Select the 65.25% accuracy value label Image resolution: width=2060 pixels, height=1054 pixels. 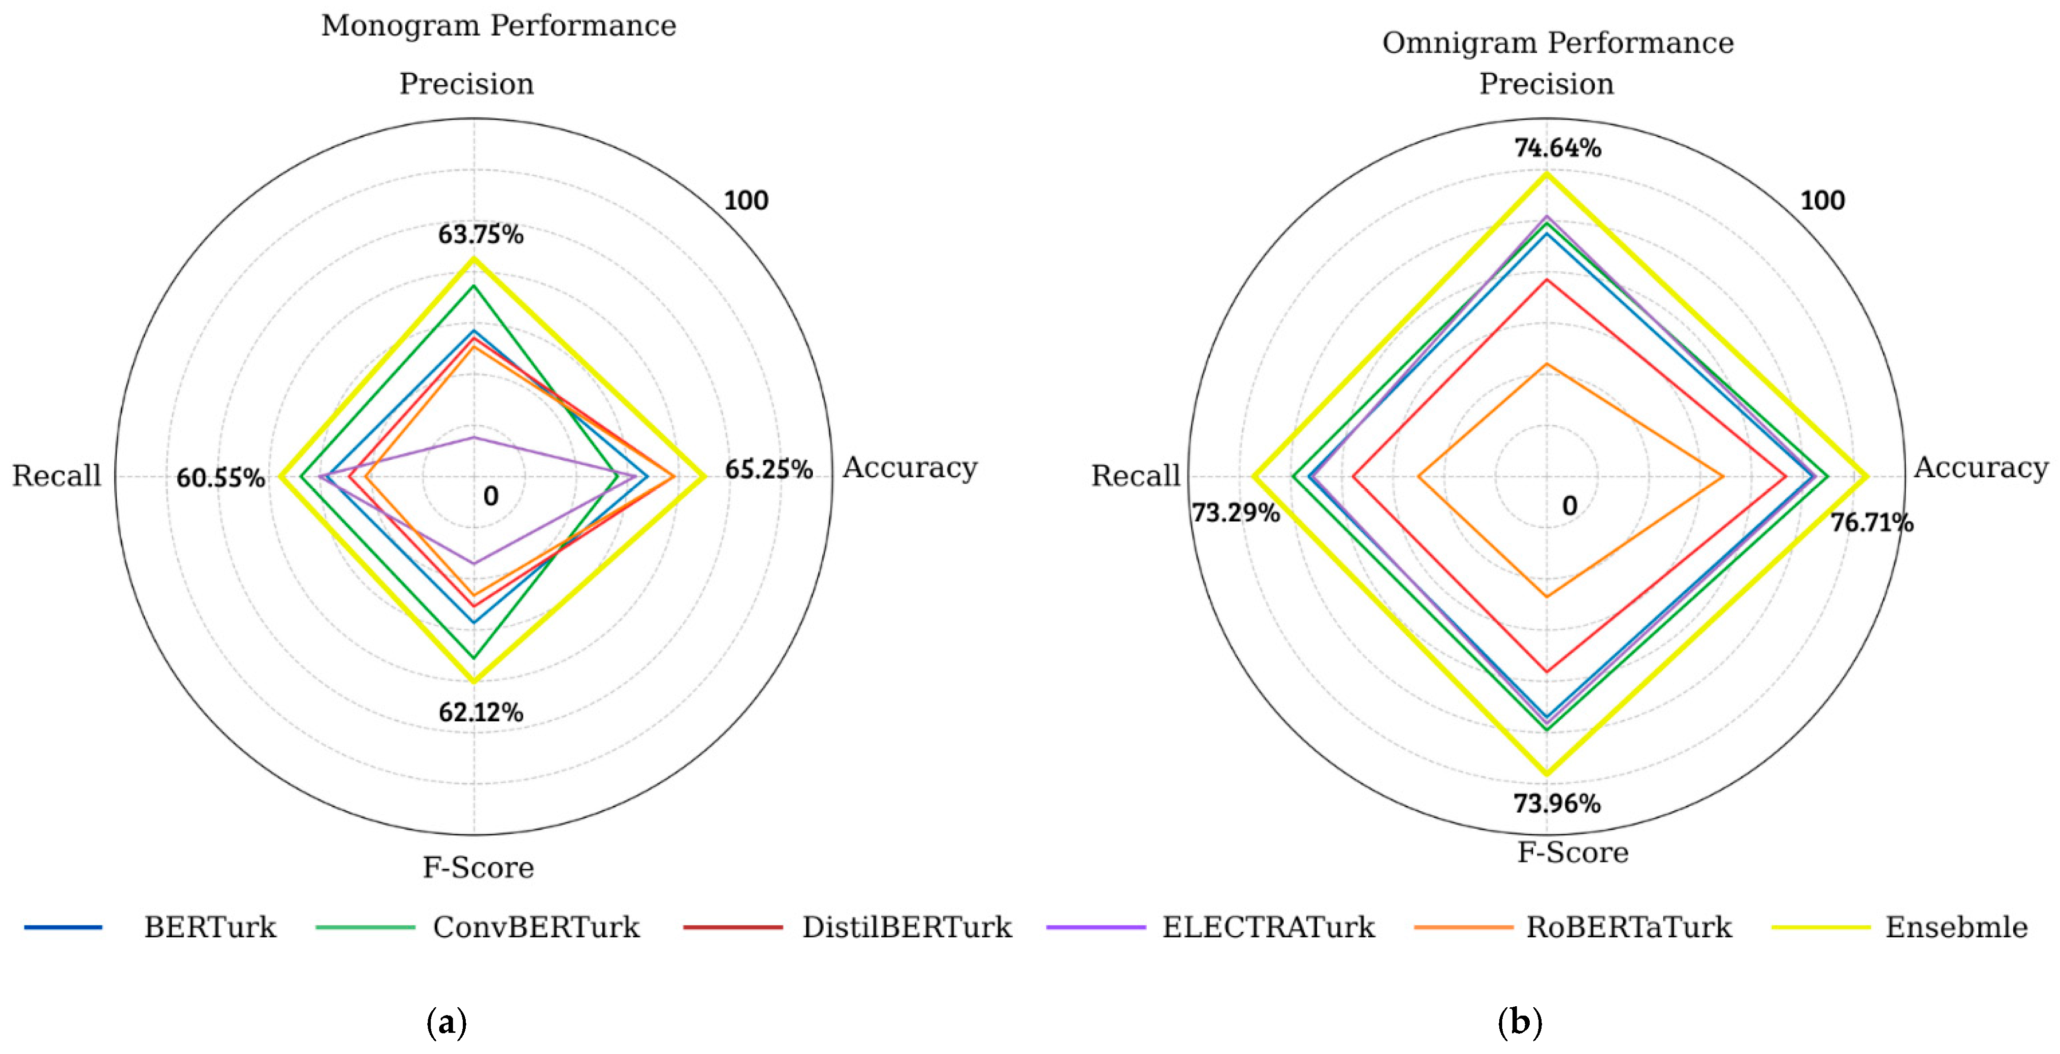click(x=769, y=470)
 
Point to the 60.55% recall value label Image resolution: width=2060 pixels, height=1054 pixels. click(x=220, y=478)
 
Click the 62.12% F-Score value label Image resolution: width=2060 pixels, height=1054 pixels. click(x=481, y=712)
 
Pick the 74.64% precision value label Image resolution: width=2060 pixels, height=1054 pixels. click(x=1557, y=148)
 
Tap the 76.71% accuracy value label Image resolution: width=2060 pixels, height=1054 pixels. click(x=1871, y=523)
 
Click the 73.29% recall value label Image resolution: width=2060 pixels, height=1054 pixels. click(x=1235, y=512)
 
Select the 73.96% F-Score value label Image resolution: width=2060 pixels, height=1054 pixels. click(x=1556, y=803)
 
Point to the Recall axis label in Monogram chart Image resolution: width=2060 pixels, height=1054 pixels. click(x=57, y=476)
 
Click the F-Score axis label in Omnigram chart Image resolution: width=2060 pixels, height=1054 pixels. click(x=1572, y=853)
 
